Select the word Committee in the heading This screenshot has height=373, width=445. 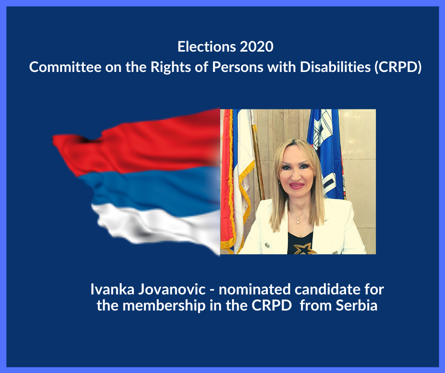65,67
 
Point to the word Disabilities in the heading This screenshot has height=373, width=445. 335,67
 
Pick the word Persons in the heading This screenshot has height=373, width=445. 238,67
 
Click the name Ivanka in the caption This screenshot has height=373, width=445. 112,289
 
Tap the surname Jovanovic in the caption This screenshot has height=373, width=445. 172,289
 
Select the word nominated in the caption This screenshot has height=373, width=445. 255,289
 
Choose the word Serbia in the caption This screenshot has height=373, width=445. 357,306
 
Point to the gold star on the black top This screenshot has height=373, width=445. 304,249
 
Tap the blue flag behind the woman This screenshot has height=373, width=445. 326,151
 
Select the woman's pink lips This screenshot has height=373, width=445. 296,186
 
